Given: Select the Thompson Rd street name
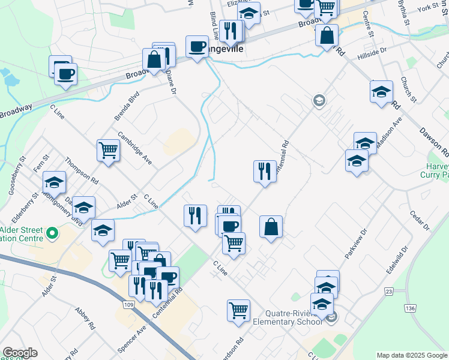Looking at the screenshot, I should tap(82, 171).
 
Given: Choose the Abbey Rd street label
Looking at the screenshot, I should tap(85, 318).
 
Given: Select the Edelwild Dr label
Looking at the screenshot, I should tap(397, 259).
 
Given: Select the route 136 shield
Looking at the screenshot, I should tap(410, 308).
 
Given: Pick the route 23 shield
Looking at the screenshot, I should tap(389, 292).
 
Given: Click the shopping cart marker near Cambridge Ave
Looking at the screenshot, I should tap(108, 149).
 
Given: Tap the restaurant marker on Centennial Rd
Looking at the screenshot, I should tap(264, 172).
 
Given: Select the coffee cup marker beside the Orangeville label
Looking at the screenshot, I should tap(197, 46).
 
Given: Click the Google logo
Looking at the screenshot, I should tap(20, 353).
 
